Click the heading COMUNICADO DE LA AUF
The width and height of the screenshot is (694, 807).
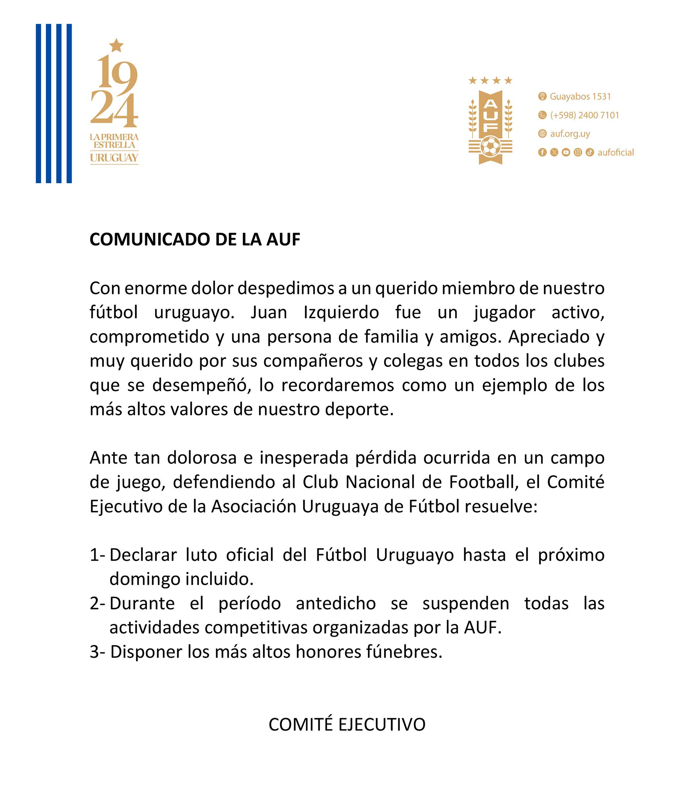[x=195, y=240]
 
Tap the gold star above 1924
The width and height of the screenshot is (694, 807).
[x=116, y=46]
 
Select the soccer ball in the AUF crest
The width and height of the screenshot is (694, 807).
[x=490, y=147]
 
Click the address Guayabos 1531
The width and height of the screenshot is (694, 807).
[x=580, y=96]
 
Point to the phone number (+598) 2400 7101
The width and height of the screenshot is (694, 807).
[x=584, y=115]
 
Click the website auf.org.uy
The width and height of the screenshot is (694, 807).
[x=570, y=134]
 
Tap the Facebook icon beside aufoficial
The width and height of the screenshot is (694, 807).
[x=542, y=152]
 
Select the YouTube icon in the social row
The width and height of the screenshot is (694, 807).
[x=566, y=152]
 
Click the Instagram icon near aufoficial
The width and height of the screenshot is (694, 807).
[x=578, y=152]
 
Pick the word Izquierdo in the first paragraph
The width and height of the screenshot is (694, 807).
[x=341, y=313]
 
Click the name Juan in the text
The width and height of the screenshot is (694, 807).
[x=269, y=313]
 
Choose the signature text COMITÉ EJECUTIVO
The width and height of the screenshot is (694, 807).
[x=347, y=724]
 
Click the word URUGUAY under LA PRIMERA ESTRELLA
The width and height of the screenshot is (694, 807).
[x=114, y=158]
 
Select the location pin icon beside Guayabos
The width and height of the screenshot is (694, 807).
[x=542, y=96]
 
